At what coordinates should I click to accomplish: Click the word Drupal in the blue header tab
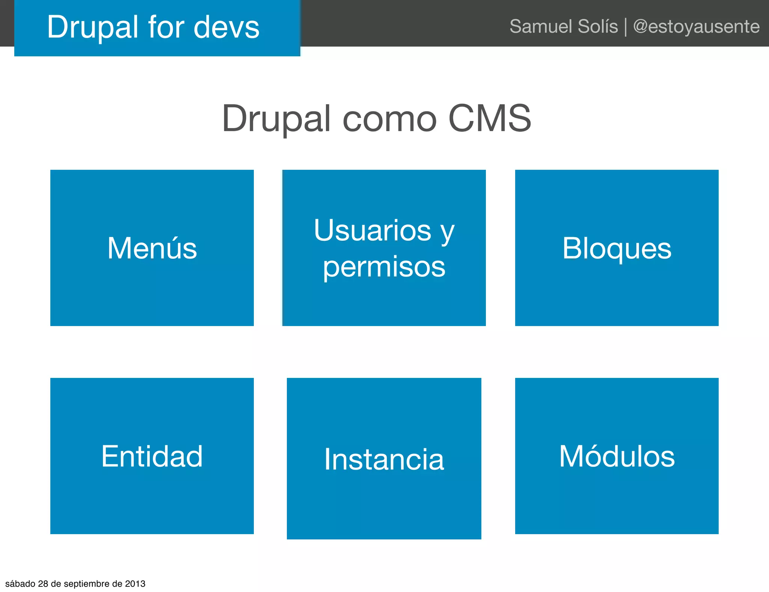point(93,27)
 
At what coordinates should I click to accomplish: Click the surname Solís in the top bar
point(598,26)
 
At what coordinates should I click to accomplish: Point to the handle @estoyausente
point(696,26)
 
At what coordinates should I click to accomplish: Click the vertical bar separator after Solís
point(626,27)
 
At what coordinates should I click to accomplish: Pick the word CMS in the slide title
point(490,118)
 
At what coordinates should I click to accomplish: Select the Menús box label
point(152,248)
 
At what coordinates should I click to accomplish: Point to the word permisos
point(384,267)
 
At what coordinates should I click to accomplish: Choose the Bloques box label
point(617,248)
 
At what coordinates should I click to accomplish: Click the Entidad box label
point(152,456)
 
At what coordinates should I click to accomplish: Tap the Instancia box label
point(384,459)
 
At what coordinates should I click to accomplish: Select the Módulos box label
point(617,456)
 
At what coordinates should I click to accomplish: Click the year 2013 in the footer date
point(135,584)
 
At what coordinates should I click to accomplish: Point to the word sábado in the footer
point(20,584)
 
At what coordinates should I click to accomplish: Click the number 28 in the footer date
point(43,584)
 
